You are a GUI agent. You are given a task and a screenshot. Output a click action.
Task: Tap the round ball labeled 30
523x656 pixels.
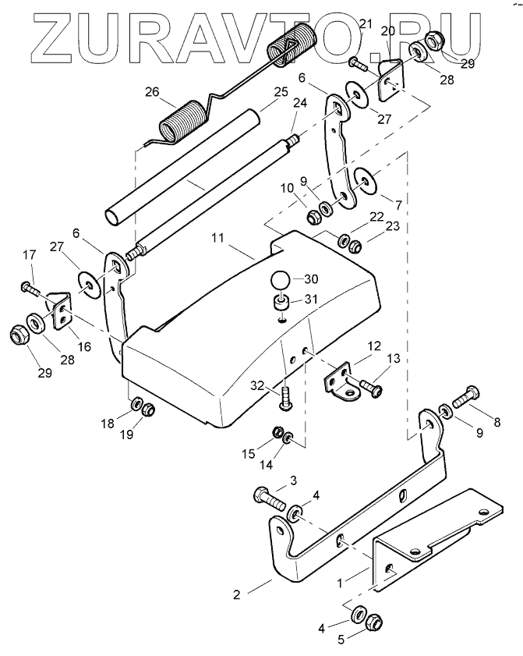click(280, 279)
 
